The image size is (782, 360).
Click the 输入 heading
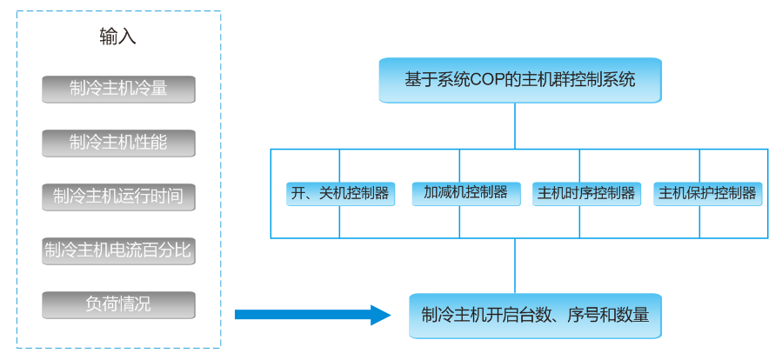[118, 37]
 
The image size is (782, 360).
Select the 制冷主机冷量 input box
[118, 89]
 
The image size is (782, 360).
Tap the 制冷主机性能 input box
[118, 143]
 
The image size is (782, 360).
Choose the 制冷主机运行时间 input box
[118, 197]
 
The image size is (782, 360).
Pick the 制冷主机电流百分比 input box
[118, 250]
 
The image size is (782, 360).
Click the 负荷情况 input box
[118, 304]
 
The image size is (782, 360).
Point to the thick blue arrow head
[381, 315]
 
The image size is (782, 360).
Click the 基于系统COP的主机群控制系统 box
[519, 80]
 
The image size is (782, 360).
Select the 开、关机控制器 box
[340, 193]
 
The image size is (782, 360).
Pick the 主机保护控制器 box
[707, 193]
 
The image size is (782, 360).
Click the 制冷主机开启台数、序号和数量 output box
[535, 315]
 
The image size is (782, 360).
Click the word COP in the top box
[489, 80]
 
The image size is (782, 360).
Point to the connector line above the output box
[515, 265]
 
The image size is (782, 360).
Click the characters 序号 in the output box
[585, 315]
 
